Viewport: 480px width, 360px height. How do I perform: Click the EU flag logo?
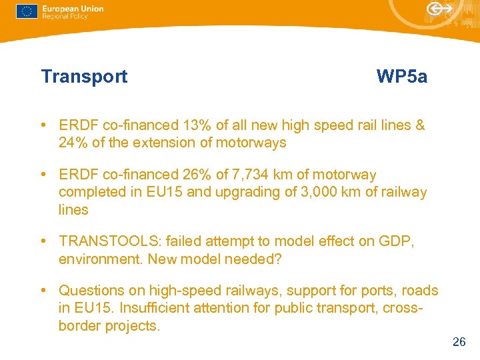[27, 11]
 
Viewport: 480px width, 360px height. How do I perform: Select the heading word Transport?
[84, 77]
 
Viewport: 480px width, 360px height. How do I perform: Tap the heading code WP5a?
[401, 77]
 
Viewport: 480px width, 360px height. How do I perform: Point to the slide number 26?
[459, 342]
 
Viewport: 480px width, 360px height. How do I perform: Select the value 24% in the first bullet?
[73, 143]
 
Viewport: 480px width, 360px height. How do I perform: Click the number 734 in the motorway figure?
[261, 175]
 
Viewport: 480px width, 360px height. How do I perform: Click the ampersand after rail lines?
[420, 125]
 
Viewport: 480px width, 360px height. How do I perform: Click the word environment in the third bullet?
[98, 259]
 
